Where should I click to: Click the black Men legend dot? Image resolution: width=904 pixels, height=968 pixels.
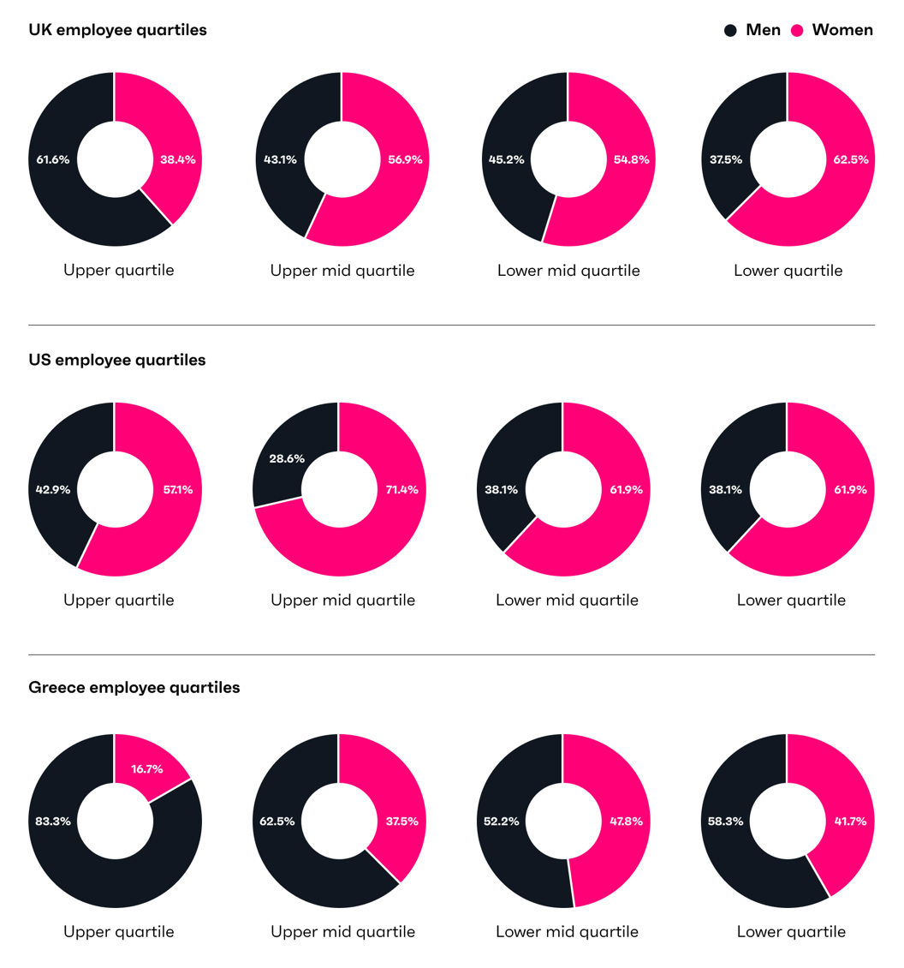[730, 31]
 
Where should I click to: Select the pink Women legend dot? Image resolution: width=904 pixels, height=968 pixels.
[797, 31]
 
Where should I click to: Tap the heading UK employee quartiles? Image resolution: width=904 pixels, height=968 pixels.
[117, 30]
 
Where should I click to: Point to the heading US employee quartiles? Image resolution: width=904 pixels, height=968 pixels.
[117, 360]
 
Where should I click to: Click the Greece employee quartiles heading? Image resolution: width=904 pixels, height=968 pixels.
[134, 687]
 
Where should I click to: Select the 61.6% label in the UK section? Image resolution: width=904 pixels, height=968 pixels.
[53, 159]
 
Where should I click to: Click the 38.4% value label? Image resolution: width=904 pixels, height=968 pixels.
[177, 159]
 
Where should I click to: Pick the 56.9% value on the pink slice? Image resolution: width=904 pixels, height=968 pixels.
[405, 159]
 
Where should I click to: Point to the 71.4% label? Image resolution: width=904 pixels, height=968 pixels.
[402, 490]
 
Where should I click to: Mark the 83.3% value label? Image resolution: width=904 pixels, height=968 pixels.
[53, 821]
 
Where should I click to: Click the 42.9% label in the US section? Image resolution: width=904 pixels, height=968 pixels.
[53, 490]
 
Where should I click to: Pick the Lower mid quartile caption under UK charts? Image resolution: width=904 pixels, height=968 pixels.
[568, 271]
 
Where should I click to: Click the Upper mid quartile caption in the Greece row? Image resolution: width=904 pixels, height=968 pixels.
[342, 931]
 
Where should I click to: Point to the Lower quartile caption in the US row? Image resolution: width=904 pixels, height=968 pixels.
[791, 600]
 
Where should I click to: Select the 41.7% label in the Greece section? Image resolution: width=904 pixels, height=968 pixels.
[850, 821]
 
